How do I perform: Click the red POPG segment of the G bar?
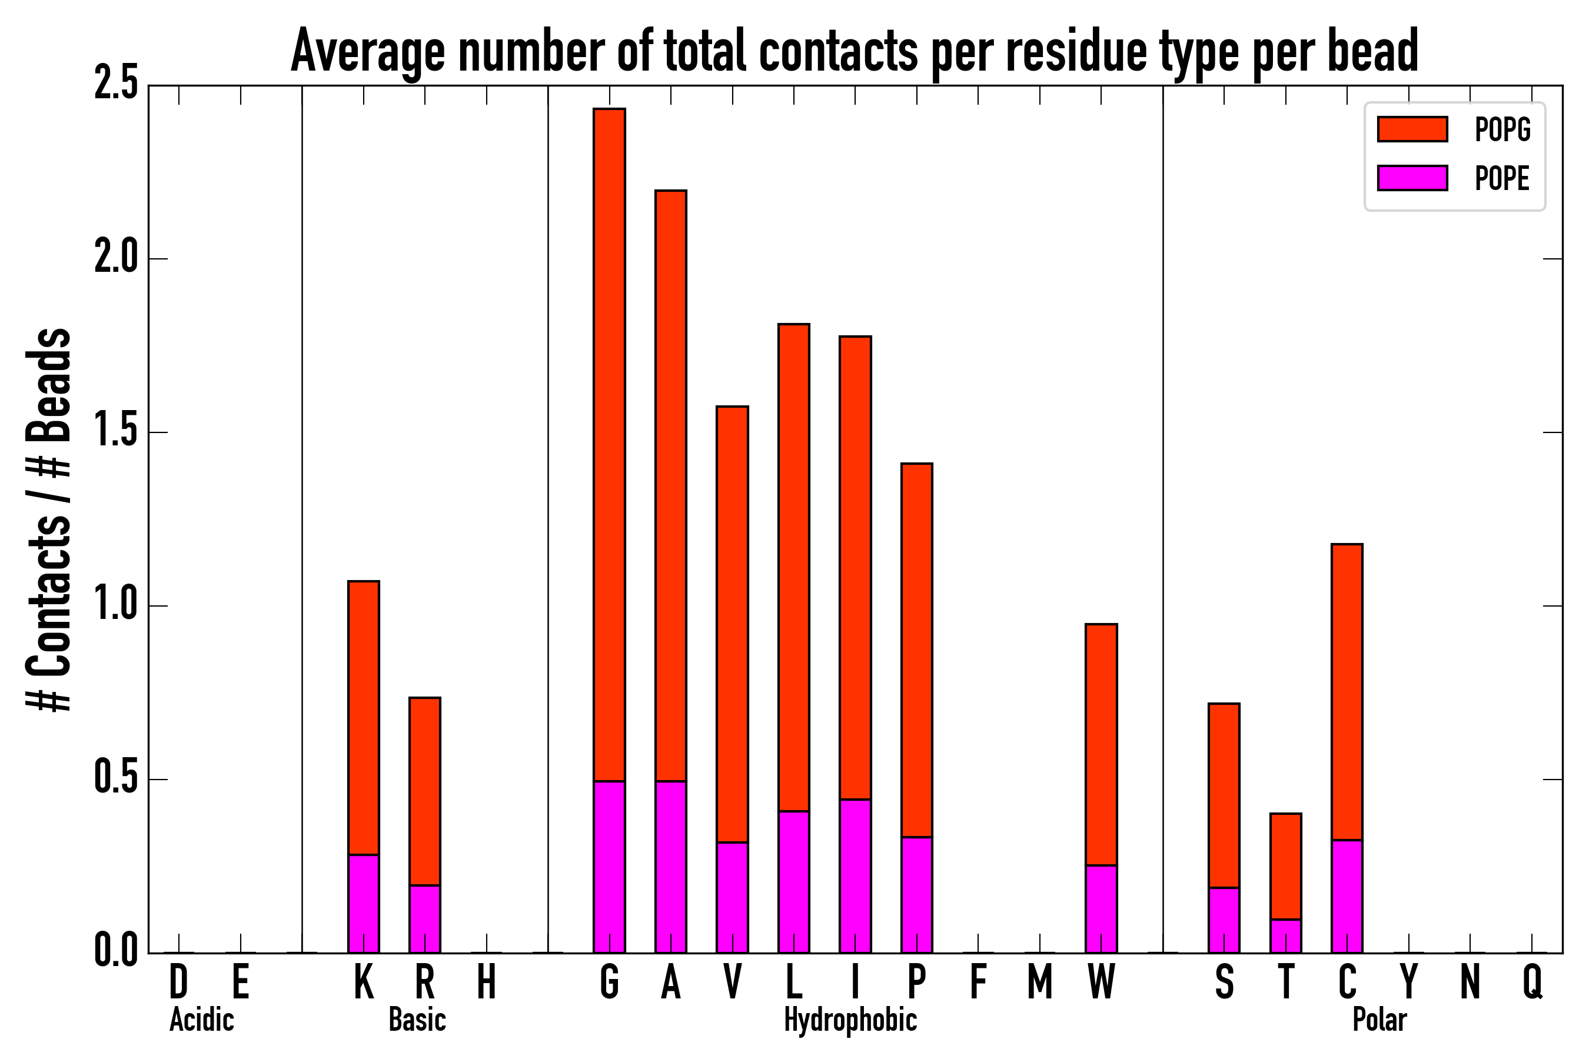(x=609, y=444)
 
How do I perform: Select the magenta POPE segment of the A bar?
(x=670, y=867)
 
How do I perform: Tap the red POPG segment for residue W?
(x=1101, y=744)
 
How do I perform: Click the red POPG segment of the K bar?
(x=364, y=717)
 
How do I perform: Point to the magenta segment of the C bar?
(x=1347, y=896)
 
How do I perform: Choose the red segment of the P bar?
(x=916, y=650)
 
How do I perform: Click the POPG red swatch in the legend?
(x=1412, y=129)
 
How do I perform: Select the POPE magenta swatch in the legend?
(x=1412, y=178)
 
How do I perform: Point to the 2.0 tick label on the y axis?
(x=115, y=259)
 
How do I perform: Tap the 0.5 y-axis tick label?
(x=115, y=780)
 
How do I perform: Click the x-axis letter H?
(x=487, y=981)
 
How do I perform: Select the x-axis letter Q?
(x=1533, y=981)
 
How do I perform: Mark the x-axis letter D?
(x=178, y=981)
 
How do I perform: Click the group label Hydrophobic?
(x=850, y=1020)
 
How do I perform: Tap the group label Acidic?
(x=201, y=1020)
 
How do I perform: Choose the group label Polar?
(x=1379, y=1020)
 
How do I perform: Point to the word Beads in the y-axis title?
(x=49, y=385)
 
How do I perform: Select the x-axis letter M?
(x=1040, y=981)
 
